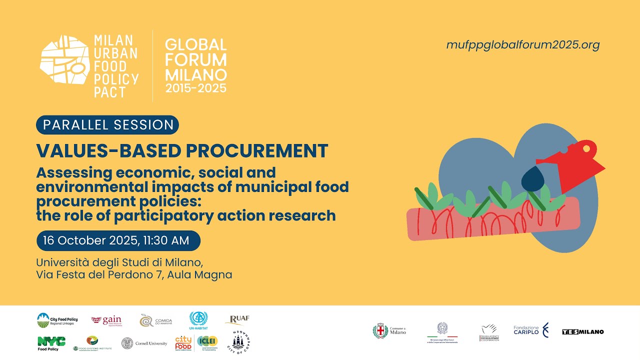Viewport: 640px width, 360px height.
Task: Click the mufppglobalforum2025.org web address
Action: (522, 45)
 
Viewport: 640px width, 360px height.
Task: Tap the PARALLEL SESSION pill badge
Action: (107, 124)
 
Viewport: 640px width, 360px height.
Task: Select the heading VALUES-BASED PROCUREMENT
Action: (182, 150)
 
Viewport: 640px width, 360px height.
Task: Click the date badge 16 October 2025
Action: (118, 240)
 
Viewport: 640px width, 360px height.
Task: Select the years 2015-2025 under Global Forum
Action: (196, 88)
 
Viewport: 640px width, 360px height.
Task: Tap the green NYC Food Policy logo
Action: (51, 343)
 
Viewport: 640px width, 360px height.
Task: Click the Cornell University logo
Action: (144, 343)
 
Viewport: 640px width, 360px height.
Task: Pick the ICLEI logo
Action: (207, 341)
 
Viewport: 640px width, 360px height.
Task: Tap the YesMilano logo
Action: (582, 332)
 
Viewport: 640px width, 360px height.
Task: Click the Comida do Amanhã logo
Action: (156, 320)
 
